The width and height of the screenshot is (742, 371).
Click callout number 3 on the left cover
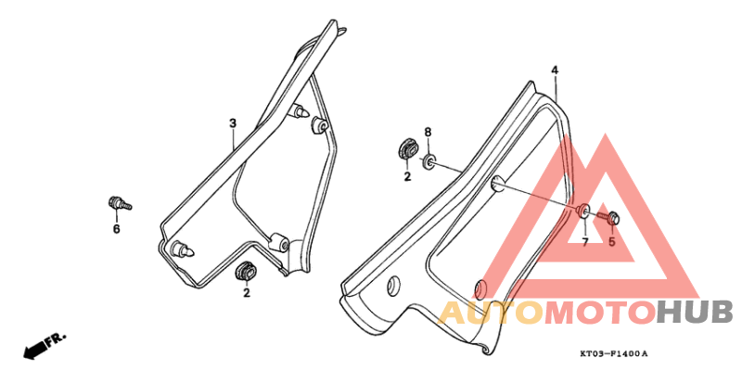tap(233, 123)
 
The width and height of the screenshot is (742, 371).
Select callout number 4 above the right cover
tap(555, 70)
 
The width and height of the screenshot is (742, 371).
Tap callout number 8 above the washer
tap(428, 133)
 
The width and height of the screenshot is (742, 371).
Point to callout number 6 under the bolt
tap(117, 229)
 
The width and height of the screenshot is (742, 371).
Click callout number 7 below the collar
tap(585, 242)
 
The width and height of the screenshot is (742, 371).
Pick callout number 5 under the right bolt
tap(611, 242)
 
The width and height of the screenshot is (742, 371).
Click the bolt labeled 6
tap(120, 204)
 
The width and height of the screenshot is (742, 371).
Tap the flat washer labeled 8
tap(429, 161)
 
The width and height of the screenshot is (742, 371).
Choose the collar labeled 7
tap(583, 211)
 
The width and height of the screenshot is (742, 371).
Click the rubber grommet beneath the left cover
tap(246, 272)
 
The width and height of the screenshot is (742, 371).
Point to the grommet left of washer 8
tap(407, 149)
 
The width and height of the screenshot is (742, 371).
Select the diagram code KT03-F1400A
tap(614, 353)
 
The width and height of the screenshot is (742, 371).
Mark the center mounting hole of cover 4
tap(497, 184)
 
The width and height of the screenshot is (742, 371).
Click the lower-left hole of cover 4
tap(393, 286)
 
